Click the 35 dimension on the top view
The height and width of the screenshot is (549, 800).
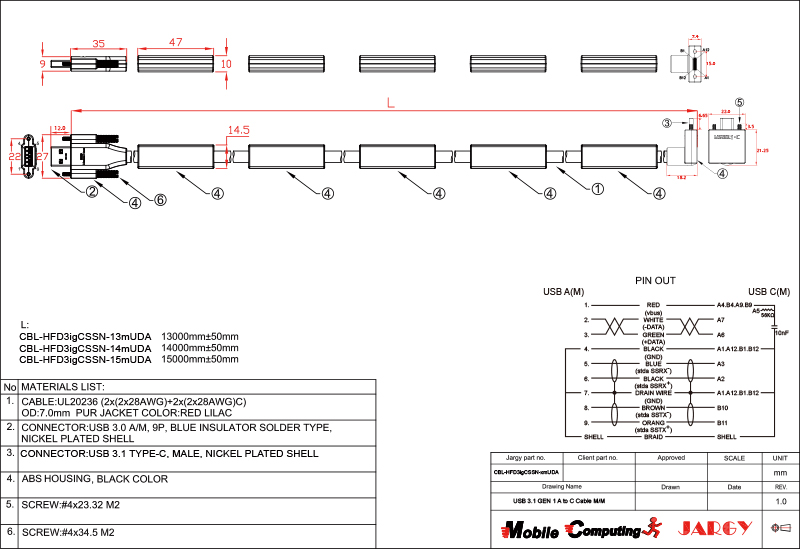pos(98,43)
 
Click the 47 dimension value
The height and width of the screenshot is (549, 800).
pos(175,43)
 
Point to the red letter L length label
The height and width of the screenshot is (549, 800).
pos(390,102)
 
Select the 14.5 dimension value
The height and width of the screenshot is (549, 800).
pos(238,130)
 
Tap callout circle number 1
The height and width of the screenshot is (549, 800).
pos(598,187)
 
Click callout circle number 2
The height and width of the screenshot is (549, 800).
pos(91,191)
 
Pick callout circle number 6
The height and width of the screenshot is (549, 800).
pos(159,199)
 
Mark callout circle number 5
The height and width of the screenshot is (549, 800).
pos(739,102)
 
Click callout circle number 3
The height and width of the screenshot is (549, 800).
pos(665,123)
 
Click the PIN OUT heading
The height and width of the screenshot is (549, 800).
pos(656,281)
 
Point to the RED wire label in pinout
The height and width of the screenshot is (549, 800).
pos(654,304)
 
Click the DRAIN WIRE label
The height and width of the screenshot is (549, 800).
pos(654,393)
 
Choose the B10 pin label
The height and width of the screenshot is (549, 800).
pos(722,408)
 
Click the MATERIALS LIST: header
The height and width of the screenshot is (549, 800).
pos(63,386)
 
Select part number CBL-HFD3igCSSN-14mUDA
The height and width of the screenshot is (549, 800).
pos(85,347)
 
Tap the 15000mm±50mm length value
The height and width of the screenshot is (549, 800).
pos(200,358)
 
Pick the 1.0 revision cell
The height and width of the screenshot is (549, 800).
pos(781,501)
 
